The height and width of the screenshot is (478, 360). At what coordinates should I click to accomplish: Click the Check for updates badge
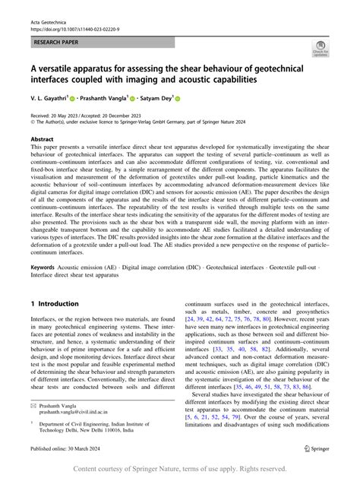(320, 49)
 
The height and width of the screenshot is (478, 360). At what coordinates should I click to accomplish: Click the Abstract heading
(42, 140)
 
